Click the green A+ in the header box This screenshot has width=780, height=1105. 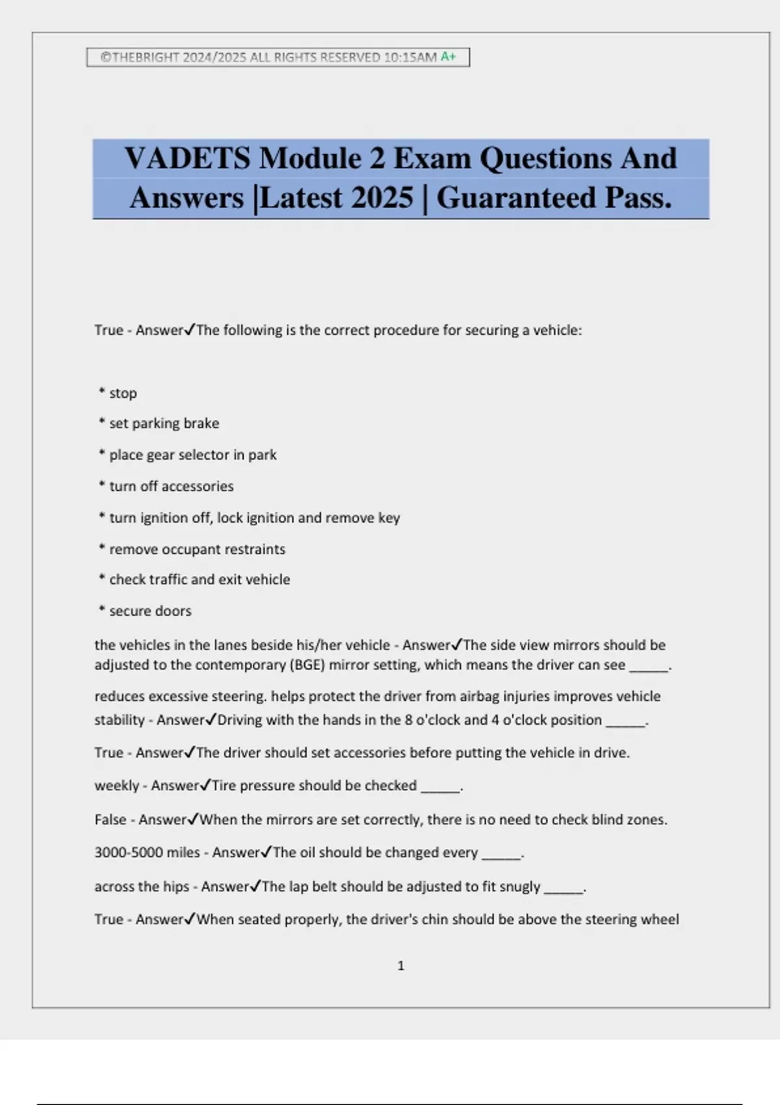tap(448, 57)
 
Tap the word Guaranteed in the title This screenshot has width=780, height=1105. tap(516, 198)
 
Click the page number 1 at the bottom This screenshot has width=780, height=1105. tap(400, 966)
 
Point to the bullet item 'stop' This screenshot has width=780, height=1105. tap(123, 393)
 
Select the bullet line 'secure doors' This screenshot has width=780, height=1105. tap(150, 611)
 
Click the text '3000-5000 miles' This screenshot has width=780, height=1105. tap(147, 853)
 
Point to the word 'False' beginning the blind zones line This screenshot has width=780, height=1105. tap(110, 820)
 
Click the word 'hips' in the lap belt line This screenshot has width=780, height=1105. tap(176, 887)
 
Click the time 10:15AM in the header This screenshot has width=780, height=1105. tap(409, 57)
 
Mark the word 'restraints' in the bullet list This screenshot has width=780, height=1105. tap(255, 549)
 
